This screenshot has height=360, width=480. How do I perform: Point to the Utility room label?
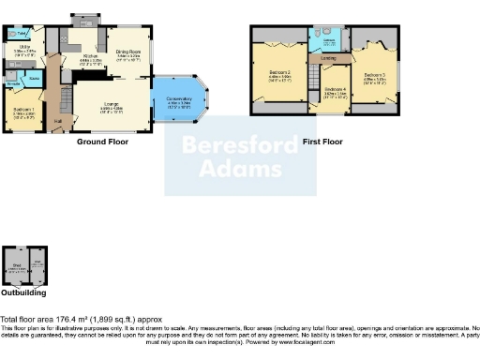(23, 49)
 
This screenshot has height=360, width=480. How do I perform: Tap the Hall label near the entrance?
(58, 120)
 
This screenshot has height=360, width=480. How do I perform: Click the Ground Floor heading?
(102, 142)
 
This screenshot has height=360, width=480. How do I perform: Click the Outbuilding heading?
(23, 292)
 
